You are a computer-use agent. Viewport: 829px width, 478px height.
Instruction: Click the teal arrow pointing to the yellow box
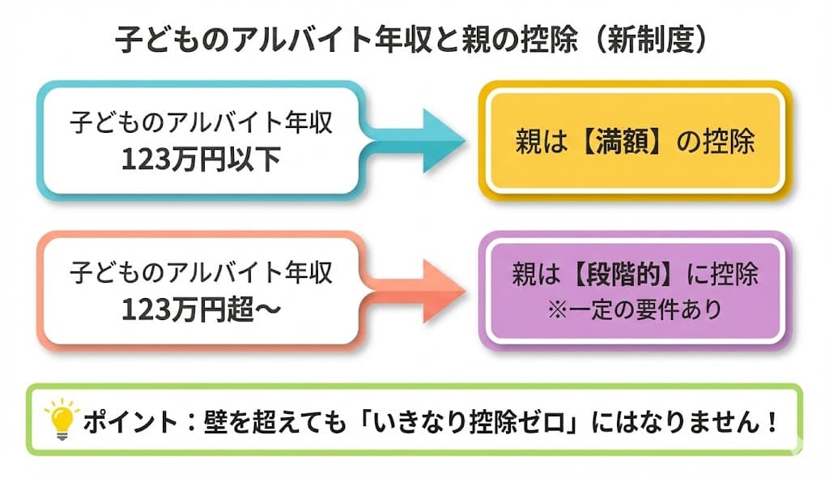point(421,139)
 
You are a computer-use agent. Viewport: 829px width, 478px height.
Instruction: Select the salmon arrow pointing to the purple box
point(421,290)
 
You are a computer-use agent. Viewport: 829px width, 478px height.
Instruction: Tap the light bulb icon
point(62,419)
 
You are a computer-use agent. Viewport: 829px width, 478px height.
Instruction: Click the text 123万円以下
point(200,158)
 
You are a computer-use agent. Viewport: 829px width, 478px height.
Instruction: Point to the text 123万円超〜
point(200,309)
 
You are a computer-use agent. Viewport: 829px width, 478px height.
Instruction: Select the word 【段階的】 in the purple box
point(616,276)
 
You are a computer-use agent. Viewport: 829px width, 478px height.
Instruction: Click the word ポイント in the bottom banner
point(121,421)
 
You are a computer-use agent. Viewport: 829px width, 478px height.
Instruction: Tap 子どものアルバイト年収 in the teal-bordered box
point(200,123)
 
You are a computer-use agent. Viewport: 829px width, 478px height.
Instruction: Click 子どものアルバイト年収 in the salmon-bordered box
point(200,273)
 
